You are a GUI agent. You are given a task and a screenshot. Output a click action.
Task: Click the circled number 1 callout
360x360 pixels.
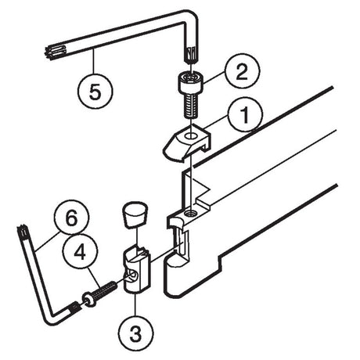pos(245,117)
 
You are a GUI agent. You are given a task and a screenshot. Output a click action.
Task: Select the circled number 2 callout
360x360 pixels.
pos(242,72)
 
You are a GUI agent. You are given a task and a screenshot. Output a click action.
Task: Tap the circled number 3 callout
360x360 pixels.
pos(136,333)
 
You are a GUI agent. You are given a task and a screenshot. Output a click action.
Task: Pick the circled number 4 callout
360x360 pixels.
pos(80,252)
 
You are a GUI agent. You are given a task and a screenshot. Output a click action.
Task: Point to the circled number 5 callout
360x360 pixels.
pos(95,91)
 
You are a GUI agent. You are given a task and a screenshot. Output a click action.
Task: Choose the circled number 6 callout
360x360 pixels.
pos(71,218)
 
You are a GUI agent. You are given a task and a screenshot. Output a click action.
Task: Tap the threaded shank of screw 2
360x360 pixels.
pos(190,105)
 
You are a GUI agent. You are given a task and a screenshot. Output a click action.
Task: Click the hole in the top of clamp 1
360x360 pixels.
pos(191,136)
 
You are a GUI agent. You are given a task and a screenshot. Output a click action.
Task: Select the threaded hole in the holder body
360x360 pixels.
pos(191,214)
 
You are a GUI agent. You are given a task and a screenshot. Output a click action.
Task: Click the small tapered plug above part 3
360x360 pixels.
pos(135,214)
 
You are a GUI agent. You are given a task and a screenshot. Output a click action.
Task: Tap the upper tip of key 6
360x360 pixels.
pos(22,231)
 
